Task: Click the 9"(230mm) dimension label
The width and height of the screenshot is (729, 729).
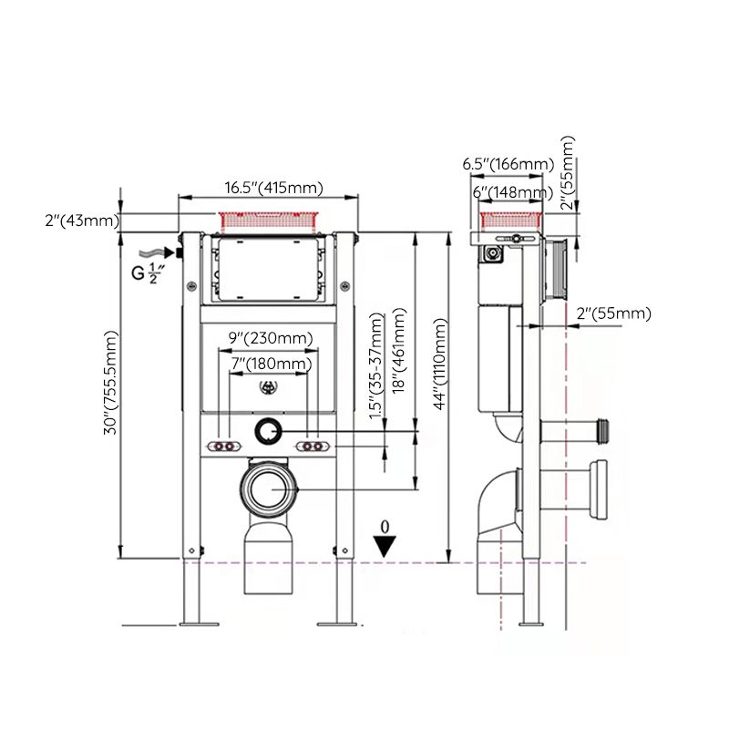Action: (270, 338)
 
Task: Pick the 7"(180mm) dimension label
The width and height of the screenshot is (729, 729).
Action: (270, 364)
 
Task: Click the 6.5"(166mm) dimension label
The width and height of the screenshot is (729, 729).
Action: (508, 164)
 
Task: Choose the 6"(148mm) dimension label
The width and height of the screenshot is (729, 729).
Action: (511, 191)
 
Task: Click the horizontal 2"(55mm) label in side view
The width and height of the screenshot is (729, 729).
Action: (613, 313)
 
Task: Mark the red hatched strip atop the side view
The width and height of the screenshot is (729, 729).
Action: (512, 219)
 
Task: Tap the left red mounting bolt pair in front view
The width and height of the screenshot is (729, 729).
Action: (223, 447)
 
